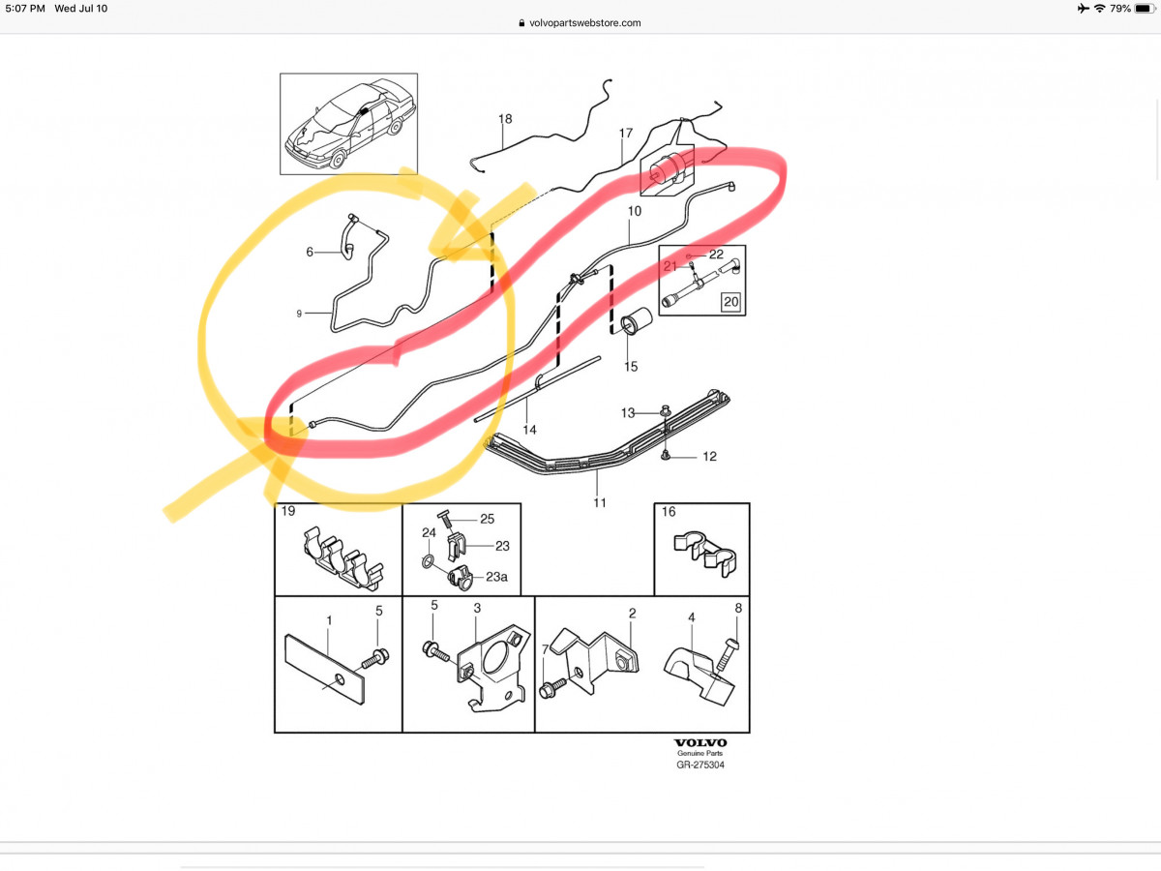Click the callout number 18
[505, 119]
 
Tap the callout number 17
[626, 133]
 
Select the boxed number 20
[731, 302]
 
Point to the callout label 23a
[496, 577]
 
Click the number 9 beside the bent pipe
[299, 314]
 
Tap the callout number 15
[631, 367]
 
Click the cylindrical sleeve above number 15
[636, 321]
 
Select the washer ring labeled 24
[428, 561]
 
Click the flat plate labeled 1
[324, 670]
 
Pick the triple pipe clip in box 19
[342, 558]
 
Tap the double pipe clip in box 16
[705, 555]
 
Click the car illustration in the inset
[350, 124]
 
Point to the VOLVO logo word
[700, 743]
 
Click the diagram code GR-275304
[700, 765]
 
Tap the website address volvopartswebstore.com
[585, 22]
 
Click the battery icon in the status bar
[1145, 9]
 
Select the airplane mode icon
[1084, 9]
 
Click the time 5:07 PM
[25, 9]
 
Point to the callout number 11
[599, 502]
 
